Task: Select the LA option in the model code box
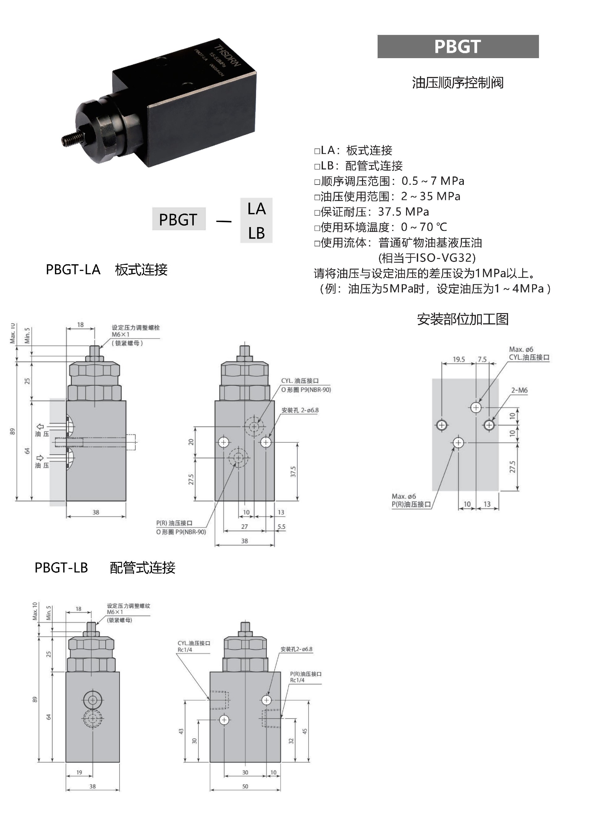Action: click(256, 209)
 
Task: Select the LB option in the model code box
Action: click(256, 233)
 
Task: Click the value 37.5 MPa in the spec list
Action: click(403, 211)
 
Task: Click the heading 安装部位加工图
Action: click(462, 319)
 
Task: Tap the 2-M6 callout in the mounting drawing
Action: click(519, 390)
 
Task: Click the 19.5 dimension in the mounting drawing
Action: click(459, 359)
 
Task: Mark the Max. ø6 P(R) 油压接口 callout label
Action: click(411, 500)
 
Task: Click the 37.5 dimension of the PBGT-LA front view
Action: click(293, 472)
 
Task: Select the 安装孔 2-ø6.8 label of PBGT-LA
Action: click(300, 410)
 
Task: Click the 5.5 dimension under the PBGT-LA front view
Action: click(282, 526)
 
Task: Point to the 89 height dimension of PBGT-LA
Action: click(12, 431)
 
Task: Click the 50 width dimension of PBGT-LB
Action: click(245, 787)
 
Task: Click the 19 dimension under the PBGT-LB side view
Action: click(79, 772)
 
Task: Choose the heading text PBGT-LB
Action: click(61, 567)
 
